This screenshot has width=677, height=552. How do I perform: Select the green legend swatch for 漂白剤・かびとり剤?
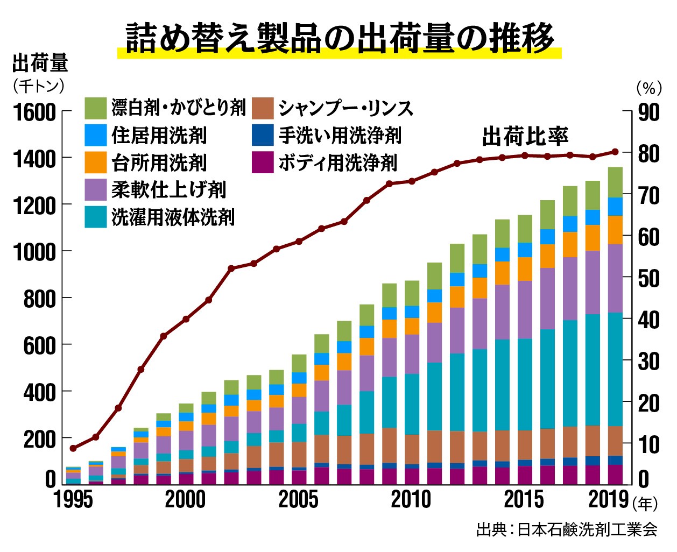(96, 108)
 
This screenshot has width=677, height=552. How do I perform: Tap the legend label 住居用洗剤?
(159, 135)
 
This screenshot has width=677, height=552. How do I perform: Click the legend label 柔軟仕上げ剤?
(168, 189)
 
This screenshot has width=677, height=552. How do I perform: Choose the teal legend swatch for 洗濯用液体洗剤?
(96, 217)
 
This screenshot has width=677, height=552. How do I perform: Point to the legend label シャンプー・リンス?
(345, 108)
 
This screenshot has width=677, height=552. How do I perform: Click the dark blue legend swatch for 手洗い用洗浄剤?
(263, 135)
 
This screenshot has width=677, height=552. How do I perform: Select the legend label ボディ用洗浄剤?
(337, 162)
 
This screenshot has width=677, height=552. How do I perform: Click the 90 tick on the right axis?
(648, 112)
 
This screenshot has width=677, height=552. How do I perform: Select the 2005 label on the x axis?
(299, 500)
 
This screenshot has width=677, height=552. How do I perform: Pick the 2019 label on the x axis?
(609, 500)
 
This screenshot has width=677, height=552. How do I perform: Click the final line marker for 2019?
(615, 152)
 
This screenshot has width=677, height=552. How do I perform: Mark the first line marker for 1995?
(74, 448)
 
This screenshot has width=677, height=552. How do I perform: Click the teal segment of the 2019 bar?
(615, 369)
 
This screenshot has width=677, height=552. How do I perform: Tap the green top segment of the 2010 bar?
(412, 293)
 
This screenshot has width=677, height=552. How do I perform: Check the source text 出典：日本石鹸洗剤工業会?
(567, 530)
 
